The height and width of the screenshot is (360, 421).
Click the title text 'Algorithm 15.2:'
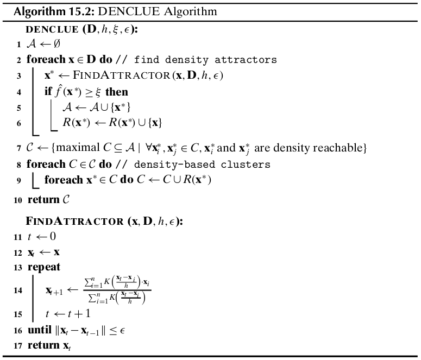coord(54,12)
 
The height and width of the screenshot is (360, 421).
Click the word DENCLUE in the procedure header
coord(52,29)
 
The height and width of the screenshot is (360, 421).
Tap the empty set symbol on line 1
coord(56,43)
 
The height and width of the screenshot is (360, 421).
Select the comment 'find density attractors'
coord(205,60)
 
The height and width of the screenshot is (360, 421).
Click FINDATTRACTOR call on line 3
coord(122,75)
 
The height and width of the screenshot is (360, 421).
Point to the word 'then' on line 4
coord(117,92)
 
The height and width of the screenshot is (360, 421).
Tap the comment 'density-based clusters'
coord(202,165)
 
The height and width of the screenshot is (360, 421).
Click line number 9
coord(18,180)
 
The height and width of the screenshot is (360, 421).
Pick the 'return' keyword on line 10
coord(43,199)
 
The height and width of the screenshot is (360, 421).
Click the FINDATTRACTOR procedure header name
coord(74,221)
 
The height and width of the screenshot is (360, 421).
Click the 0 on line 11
coord(53,236)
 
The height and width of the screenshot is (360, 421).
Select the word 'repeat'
coord(44,267)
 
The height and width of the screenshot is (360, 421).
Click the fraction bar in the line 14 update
coord(117,290)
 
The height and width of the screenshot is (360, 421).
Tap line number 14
coord(18,290)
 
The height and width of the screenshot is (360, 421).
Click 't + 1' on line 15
coord(79,313)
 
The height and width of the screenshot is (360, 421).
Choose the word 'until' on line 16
coord(40,330)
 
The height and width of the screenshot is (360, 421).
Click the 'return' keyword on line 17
coord(43,345)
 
